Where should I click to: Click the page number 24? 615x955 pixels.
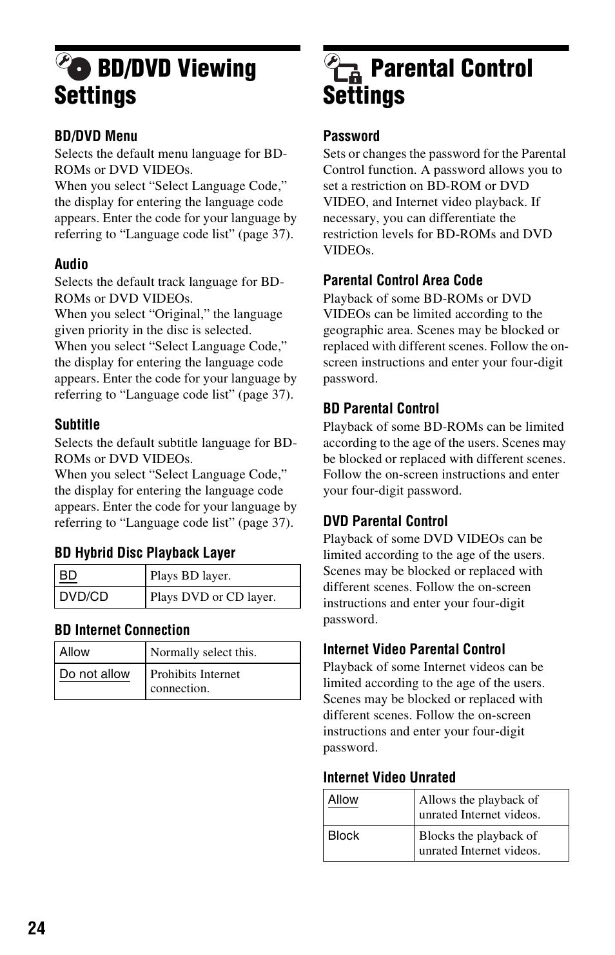tap(37, 927)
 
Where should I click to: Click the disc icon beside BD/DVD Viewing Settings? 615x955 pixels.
tap(79, 69)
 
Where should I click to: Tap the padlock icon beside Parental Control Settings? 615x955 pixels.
tap(354, 77)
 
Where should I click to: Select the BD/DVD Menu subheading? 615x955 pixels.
tap(96, 136)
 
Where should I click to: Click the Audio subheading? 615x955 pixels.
tap(72, 264)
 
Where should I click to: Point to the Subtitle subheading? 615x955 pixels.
tap(77, 424)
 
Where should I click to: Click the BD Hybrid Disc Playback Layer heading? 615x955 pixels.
tap(145, 553)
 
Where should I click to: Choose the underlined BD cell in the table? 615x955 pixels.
tap(68, 576)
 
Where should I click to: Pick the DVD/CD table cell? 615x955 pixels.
tap(84, 596)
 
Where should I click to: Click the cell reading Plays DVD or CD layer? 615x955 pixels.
tap(213, 597)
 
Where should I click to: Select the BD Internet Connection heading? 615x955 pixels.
tap(122, 630)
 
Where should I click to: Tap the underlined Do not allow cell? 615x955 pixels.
tap(95, 674)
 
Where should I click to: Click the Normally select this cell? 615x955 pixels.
tap(203, 652)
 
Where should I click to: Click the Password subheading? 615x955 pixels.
tap(351, 136)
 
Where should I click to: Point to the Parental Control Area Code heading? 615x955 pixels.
tap(403, 280)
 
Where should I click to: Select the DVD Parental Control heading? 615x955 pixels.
tap(386, 521)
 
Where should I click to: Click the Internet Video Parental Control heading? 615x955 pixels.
tap(414, 649)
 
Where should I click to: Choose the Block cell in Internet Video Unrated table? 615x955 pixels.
tap(344, 836)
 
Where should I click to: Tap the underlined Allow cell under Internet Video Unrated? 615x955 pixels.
tap(343, 800)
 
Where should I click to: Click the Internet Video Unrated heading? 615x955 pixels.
tap(389, 777)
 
